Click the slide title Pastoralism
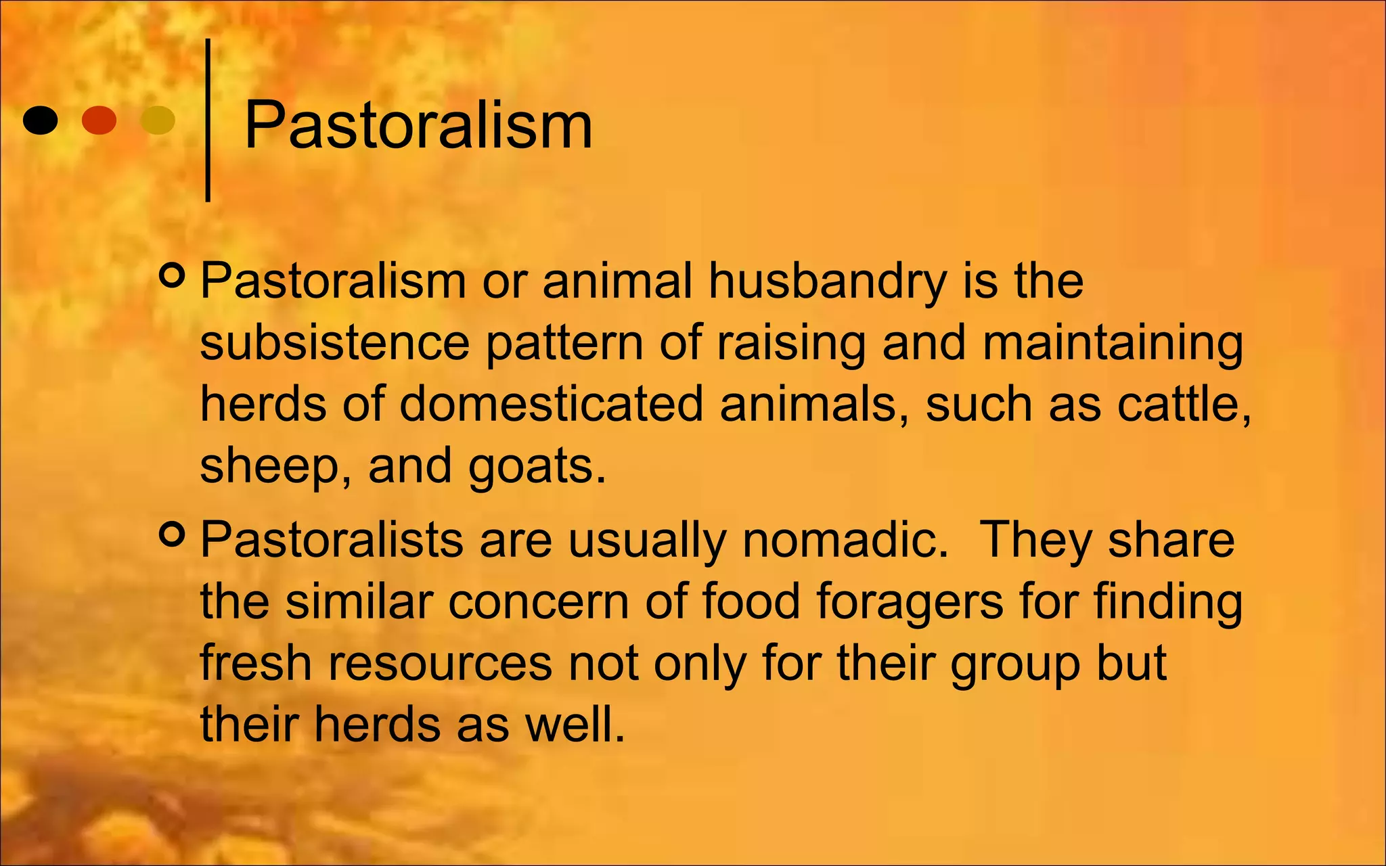418,125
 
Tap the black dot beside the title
40,120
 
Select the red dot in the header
99,120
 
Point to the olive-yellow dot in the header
157,120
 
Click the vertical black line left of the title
208,120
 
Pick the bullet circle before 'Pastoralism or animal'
172,276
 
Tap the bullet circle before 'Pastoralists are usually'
172,534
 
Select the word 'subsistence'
334,342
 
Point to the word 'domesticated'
551,404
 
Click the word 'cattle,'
1184,404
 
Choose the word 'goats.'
537,466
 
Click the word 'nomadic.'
846,540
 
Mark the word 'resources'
440,662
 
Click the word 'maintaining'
1113,342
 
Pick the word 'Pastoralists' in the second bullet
332,540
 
